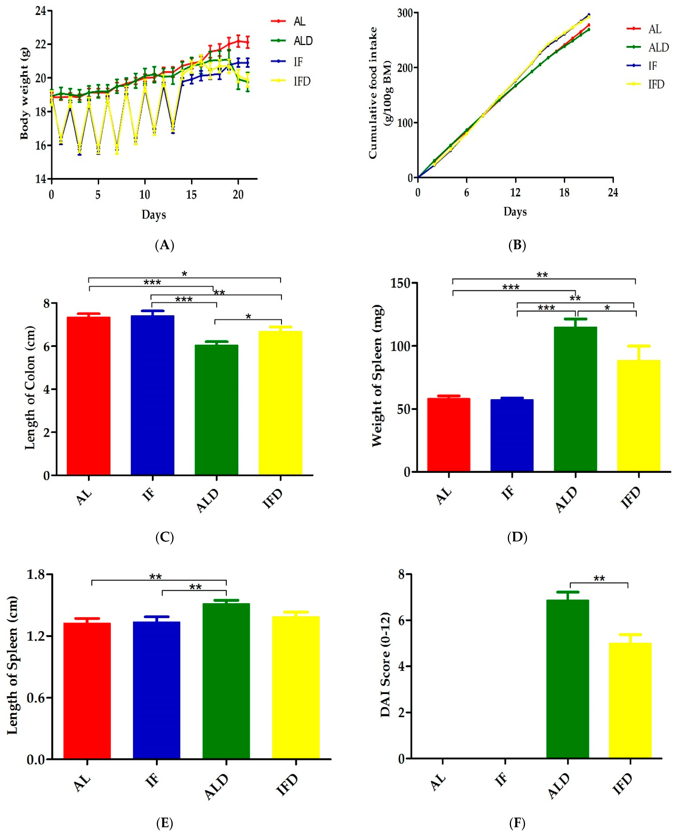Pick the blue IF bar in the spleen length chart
coord(156,690)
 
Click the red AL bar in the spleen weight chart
coord(448,435)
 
